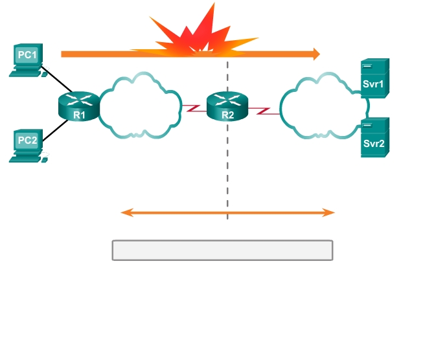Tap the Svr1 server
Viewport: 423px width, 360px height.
(x=374, y=78)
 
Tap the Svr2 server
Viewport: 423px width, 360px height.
(x=374, y=137)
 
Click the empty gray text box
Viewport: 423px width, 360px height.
(x=222, y=251)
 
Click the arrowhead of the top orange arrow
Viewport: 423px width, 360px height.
(x=317, y=54)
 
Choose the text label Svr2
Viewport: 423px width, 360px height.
(x=373, y=144)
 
